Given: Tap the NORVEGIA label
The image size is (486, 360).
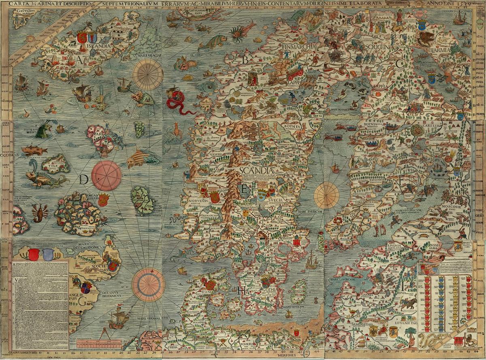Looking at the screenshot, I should point(197,200).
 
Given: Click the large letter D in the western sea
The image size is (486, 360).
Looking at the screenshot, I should point(84,179).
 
